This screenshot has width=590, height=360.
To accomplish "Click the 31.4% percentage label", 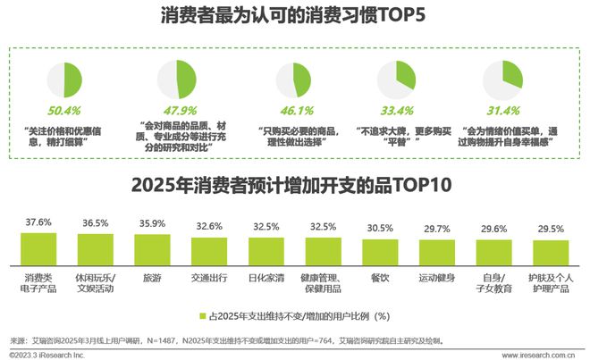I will point(502,110).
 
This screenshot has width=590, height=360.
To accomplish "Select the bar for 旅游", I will point(152,247).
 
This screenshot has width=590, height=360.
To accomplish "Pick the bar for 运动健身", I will point(438,250).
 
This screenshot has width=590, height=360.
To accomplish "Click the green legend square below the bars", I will point(202,315).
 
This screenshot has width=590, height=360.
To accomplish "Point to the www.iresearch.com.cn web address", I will point(535,355).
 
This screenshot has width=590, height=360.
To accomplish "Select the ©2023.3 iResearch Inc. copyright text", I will point(44,355).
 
